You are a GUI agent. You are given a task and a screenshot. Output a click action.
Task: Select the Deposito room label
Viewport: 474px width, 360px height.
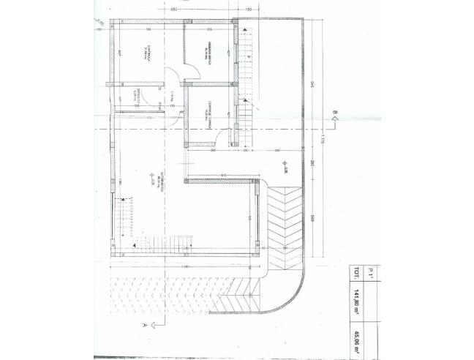coord(136,94)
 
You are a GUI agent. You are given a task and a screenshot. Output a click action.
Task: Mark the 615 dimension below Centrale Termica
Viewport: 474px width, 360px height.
coord(222,176)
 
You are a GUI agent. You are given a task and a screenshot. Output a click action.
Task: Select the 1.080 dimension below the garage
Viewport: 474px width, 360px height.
coord(186,266)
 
